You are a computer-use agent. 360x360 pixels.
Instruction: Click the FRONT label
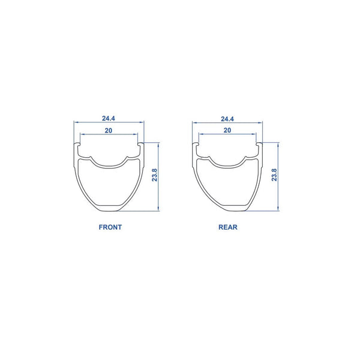coord(110,227)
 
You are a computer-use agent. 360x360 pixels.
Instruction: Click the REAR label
coord(228,227)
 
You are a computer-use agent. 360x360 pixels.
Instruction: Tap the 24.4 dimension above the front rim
coord(109,118)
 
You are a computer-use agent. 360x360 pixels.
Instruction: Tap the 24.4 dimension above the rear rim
coord(227,119)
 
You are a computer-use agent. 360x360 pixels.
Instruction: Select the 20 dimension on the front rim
coord(109,131)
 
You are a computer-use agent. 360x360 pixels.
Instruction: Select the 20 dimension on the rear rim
coord(227,130)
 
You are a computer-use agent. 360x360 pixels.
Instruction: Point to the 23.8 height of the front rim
coord(155,175)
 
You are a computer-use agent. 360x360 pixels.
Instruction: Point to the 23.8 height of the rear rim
coord(274,175)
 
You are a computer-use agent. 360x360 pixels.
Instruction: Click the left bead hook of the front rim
coord(77,144)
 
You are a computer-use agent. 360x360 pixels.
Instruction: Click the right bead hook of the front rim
coord(140,144)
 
